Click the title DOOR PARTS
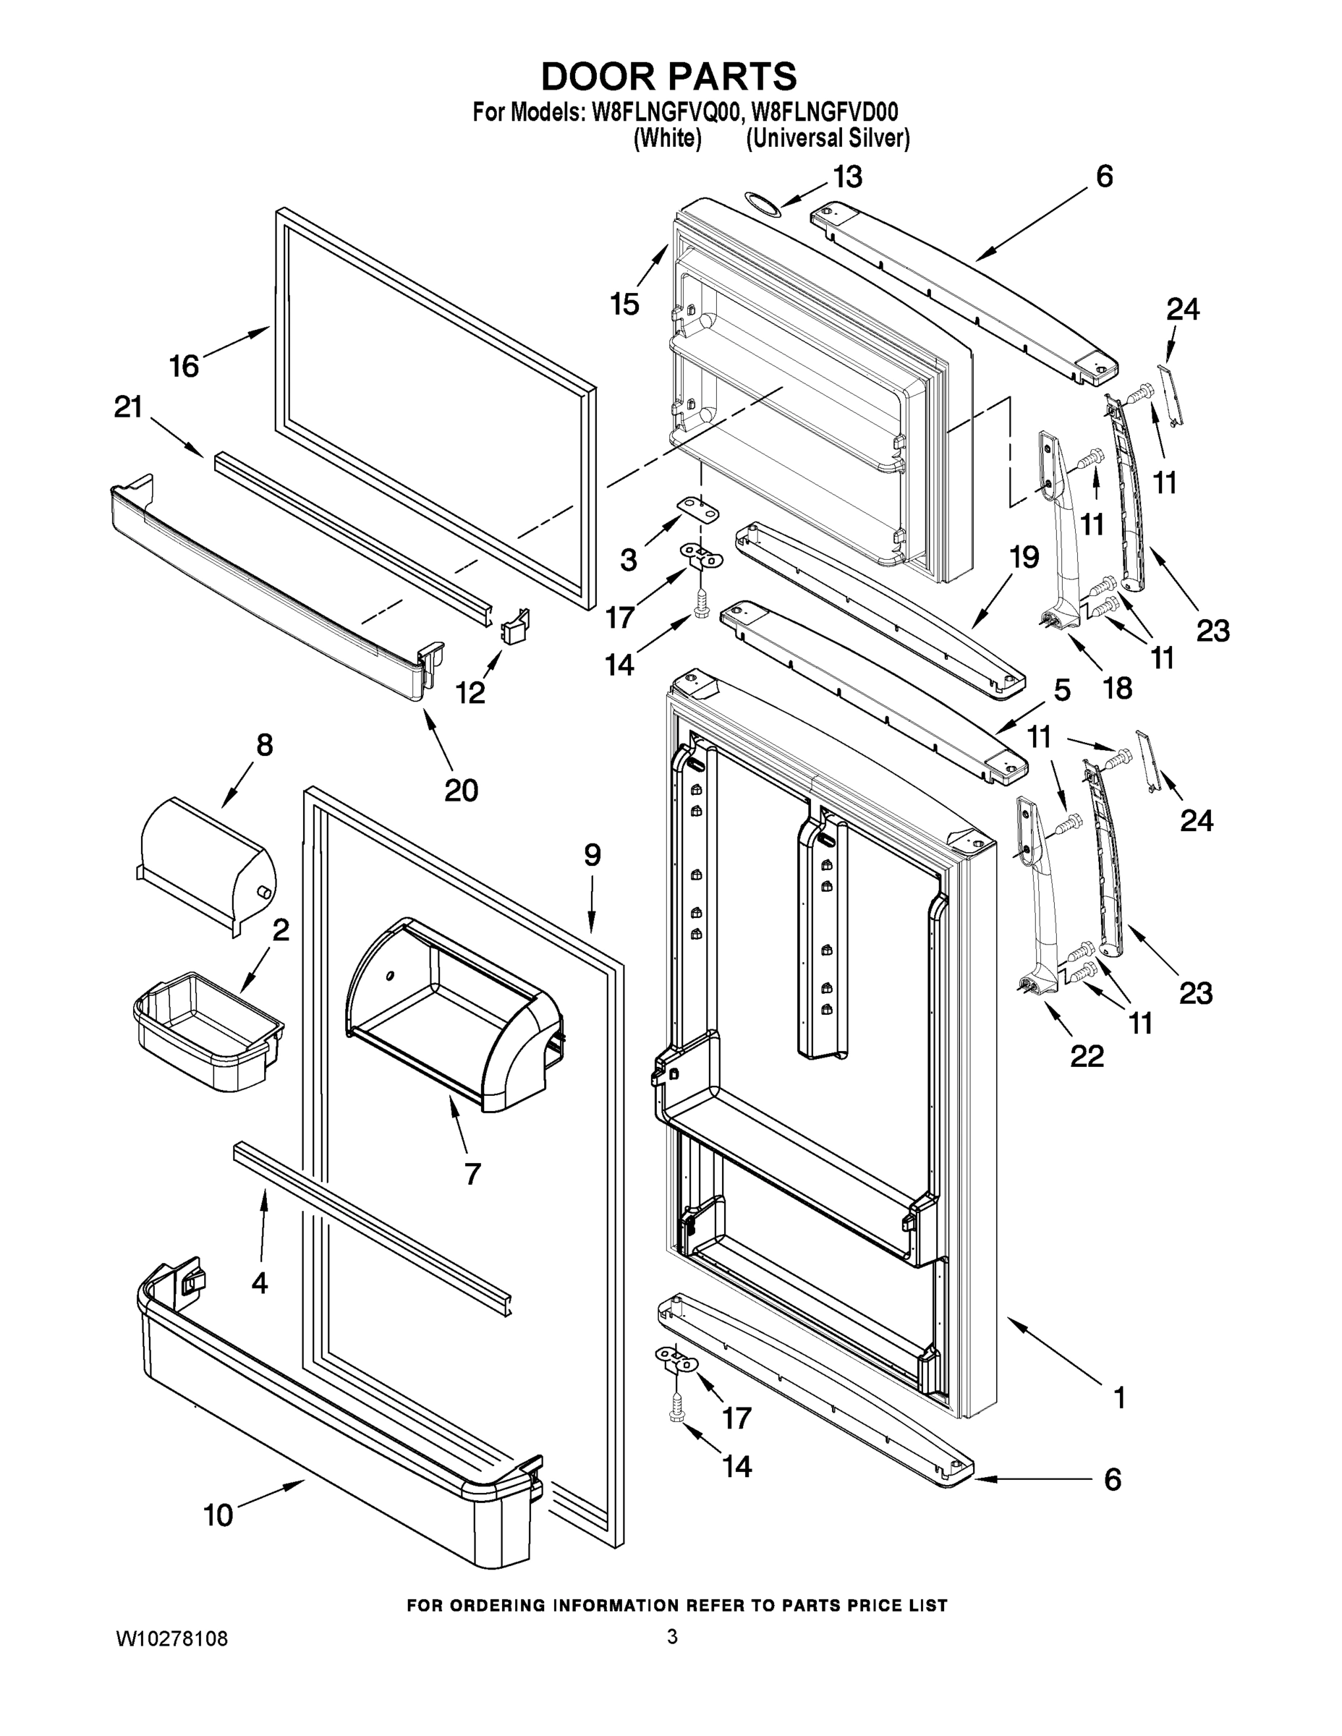coord(668,77)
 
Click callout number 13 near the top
coord(847,177)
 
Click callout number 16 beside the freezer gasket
coord(184,367)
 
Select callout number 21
coord(129,407)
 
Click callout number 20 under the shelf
coord(460,790)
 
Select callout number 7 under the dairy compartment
coord(472,1173)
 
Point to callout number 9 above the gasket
coord(593,855)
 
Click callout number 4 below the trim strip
coord(259,1283)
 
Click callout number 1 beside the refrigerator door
coord(1119,1398)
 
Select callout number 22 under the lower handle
coord(1087,1056)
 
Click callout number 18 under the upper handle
coord(1117,689)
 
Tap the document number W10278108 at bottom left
coord(172,1638)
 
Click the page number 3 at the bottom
coord(672,1637)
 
